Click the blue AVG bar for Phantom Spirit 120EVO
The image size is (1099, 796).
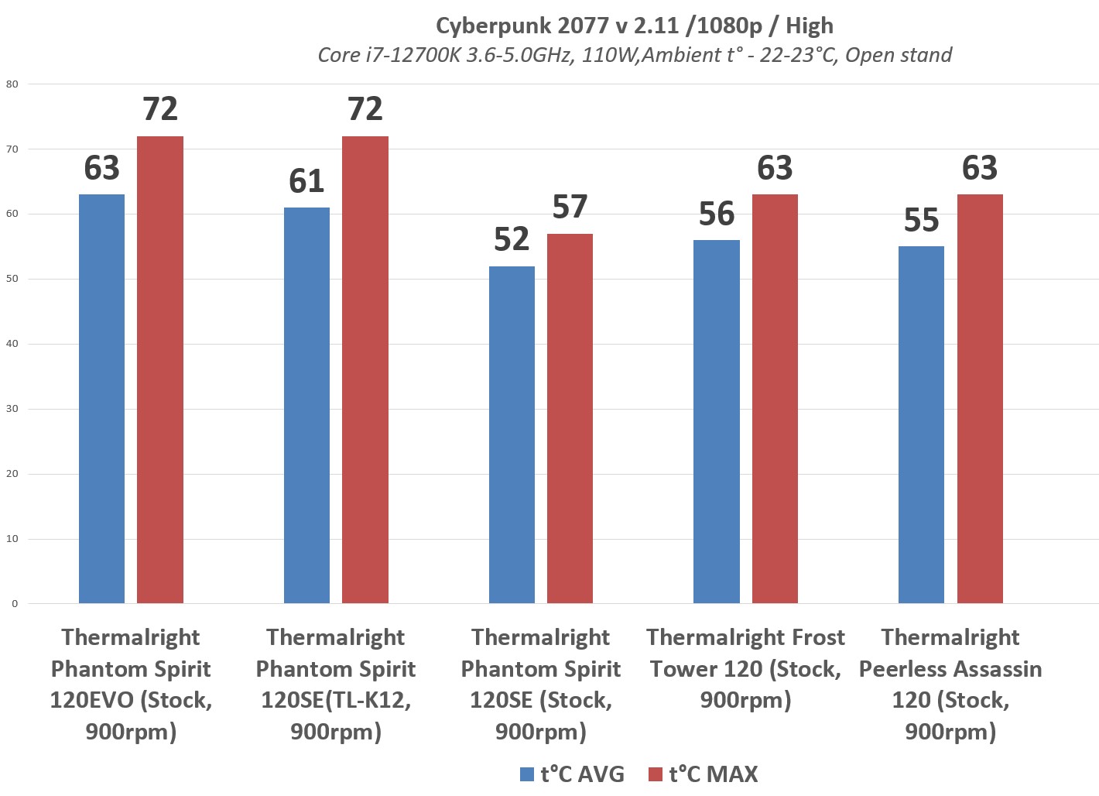(101, 399)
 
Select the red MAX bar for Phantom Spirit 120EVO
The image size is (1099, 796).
(160, 369)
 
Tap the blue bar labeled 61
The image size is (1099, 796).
(306, 405)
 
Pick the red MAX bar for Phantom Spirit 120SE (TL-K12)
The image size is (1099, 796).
(365, 369)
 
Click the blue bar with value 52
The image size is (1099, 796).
(512, 434)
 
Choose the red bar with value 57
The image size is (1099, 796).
(570, 418)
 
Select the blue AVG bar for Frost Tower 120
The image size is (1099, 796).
(717, 421)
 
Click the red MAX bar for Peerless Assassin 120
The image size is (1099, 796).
(980, 399)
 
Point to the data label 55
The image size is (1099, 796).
(921, 221)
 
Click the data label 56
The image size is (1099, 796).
(717, 214)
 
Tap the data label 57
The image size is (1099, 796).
(570, 208)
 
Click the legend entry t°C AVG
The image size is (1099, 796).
(573, 774)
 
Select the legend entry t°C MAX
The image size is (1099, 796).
(704, 774)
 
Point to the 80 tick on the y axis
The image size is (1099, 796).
(12, 84)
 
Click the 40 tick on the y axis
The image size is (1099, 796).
(12, 344)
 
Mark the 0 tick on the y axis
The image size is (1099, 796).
(15, 604)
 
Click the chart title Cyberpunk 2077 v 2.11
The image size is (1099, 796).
(635, 26)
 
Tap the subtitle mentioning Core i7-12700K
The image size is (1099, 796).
(635, 55)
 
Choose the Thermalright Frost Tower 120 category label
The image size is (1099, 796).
(746, 668)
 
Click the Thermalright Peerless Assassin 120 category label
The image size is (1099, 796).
(950, 684)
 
